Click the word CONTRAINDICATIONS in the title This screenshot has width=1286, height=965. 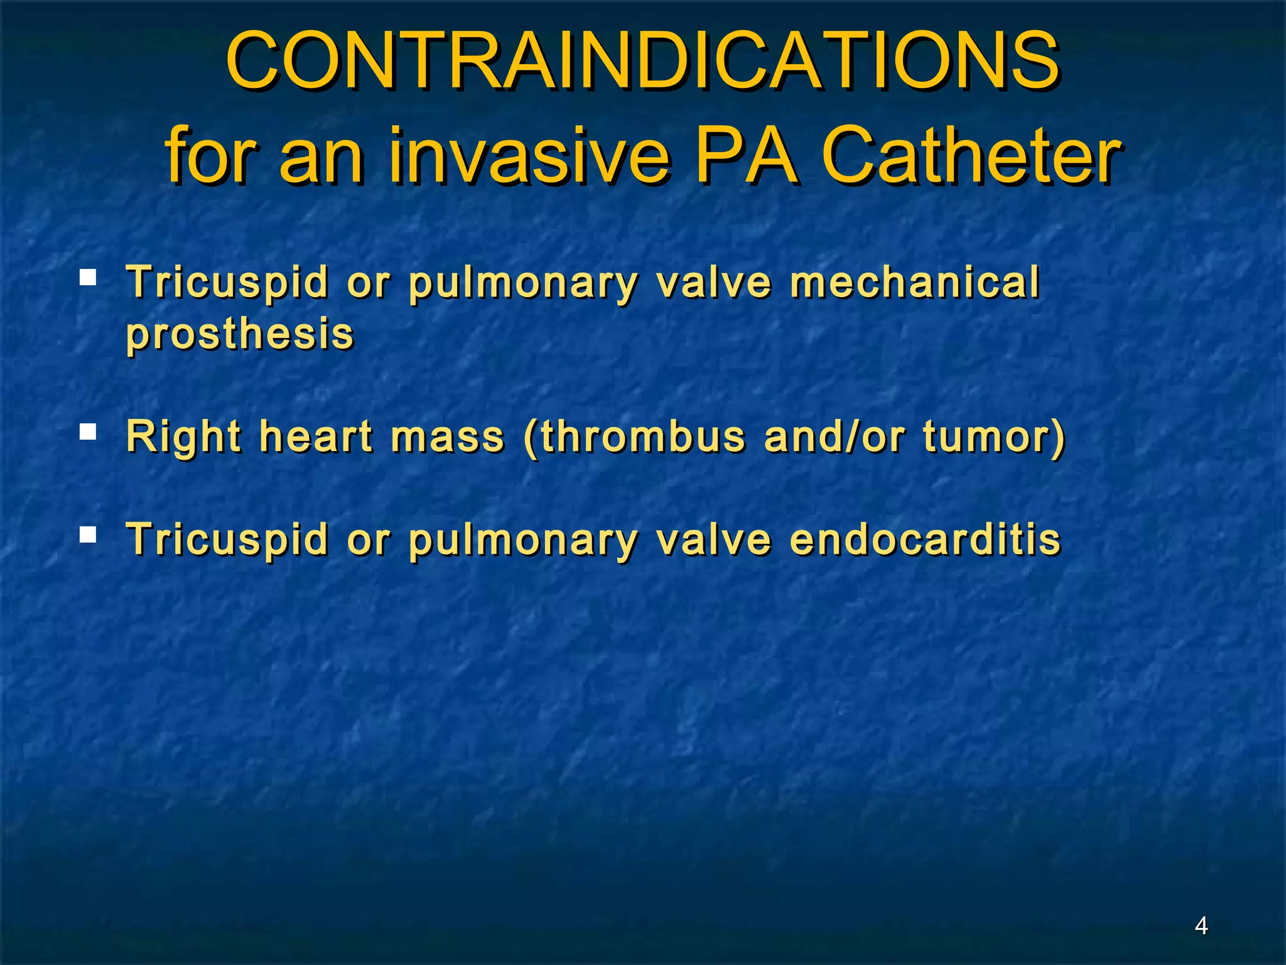pos(642,62)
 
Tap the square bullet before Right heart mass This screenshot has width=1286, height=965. pos(88,432)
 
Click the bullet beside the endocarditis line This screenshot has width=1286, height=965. pos(88,535)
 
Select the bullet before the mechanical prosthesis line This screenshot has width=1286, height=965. pos(88,277)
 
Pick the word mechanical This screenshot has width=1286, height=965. pos(914,282)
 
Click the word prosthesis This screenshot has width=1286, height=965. pos(240,334)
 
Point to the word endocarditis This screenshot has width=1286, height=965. pos(925,540)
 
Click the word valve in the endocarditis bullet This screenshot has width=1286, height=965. pos(713,540)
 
